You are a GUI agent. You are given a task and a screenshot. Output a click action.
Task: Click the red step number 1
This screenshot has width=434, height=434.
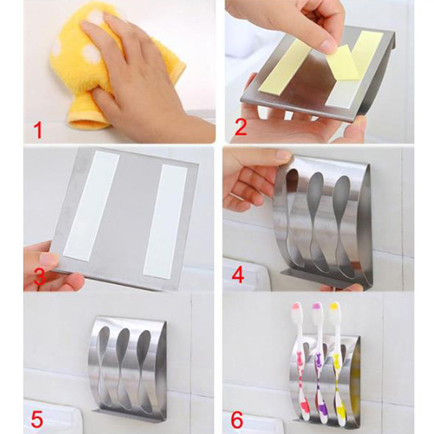[x=38, y=131]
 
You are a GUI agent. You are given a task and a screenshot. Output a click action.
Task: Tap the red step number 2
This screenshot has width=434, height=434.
[x=240, y=127]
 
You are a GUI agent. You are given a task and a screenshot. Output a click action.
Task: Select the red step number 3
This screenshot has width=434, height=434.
[x=40, y=277]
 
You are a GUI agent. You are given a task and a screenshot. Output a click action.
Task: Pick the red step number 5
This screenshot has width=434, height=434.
[x=37, y=419]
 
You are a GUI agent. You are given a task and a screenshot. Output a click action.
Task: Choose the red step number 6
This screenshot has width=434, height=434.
[x=238, y=419]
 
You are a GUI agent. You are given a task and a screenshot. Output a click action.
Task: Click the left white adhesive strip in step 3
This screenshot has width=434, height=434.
[x=91, y=206]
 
